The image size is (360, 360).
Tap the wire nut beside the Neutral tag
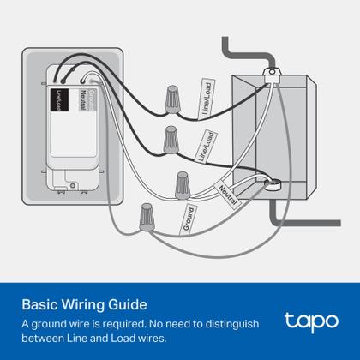coord(182,184)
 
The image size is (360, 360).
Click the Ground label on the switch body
coord(93,96)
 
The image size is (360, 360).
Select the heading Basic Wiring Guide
coord(84,304)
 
